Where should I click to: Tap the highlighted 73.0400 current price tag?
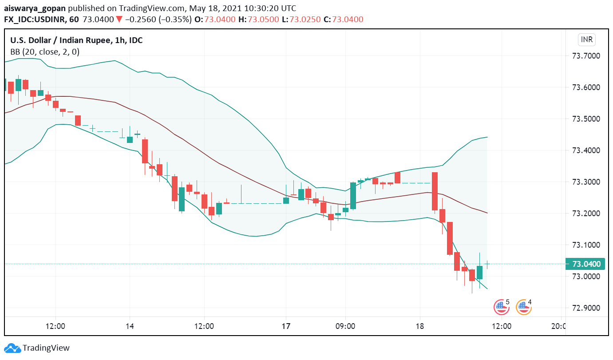tap(586, 264)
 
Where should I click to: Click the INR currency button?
tap(586, 40)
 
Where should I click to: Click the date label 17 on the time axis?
tap(286, 326)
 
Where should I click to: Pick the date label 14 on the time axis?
tap(129, 326)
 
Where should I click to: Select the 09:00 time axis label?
tap(345, 326)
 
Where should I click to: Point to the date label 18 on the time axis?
tap(420, 326)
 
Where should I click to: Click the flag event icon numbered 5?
tap(501, 307)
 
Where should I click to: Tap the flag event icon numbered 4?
tap(523, 307)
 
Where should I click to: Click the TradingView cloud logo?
tap(12, 348)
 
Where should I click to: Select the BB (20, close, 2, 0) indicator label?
tap(45, 51)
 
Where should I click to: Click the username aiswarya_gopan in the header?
tap(33, 8)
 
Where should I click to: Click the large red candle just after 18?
tap(435, 191)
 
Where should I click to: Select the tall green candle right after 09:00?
tap(353, 196)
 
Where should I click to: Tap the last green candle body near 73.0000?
tap(479, 273)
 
